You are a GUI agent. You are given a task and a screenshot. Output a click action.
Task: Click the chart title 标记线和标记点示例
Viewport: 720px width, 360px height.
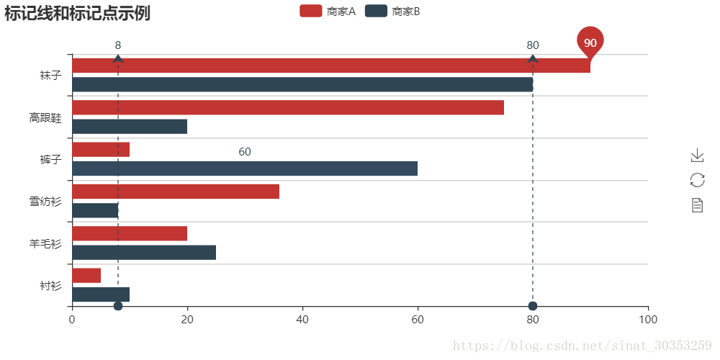click(x=77, y=13)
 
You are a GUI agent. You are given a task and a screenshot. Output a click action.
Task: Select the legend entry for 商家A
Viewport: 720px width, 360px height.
click(x=328, y=11)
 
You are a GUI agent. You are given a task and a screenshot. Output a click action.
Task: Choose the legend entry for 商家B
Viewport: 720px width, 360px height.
click(x=393, y=11)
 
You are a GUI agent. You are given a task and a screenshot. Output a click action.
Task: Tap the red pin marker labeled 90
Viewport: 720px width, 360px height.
click(x=590, y=43)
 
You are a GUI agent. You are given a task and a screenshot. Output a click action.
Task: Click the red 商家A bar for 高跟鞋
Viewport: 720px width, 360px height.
click(x=288, y=108)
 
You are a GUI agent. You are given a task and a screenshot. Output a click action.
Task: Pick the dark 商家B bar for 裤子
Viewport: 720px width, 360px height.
click(x=245, y=168)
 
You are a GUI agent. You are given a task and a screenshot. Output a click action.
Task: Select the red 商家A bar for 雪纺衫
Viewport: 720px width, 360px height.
click(x=176, y=192)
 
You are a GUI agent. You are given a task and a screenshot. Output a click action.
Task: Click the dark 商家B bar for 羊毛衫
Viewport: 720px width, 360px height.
click(x=144, y=252)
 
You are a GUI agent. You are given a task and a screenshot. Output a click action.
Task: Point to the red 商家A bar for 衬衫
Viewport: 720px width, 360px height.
click(x=86, y=276)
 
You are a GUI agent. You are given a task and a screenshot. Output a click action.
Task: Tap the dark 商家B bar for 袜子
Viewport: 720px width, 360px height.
click(x=302, y=84)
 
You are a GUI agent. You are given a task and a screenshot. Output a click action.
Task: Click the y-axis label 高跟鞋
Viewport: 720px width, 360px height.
click(x=45, y=117)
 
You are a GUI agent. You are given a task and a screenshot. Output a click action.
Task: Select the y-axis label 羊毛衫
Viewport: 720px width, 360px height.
click(x=45, y=243)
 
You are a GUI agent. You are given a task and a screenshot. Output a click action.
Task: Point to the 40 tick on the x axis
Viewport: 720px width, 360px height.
click(x=302, y=319)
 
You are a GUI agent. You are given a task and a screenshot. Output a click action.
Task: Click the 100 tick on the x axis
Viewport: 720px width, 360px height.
click(x=648, y=319)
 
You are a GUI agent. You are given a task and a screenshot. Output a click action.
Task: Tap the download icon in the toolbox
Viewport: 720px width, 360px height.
click(x=697, y=155)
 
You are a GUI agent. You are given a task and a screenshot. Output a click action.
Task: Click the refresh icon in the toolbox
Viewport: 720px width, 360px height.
click(x=697, y=180)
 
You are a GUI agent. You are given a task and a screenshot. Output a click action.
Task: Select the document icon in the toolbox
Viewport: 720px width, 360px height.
click(x=697, y=205)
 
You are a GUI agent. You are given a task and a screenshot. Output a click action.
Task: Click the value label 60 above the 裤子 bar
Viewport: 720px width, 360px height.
click(x=245, y=152)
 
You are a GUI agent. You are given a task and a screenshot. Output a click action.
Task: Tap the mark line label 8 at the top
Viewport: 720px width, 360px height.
click(x=118, y=45)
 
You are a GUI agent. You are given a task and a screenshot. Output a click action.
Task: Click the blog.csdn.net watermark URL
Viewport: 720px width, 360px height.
click(x=582, y=346)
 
